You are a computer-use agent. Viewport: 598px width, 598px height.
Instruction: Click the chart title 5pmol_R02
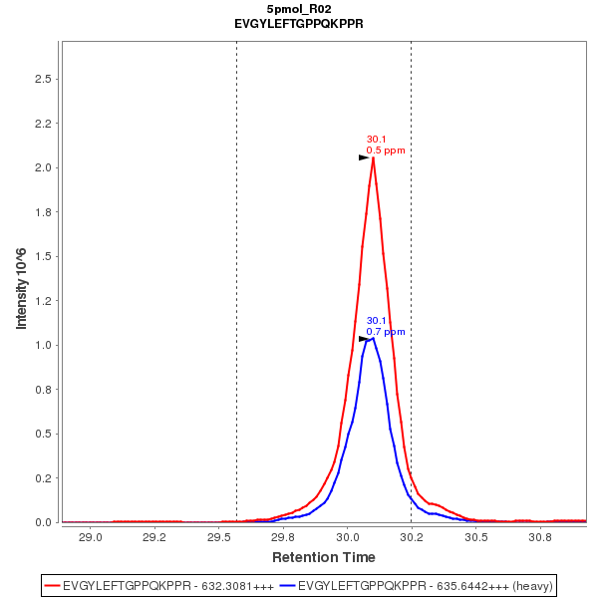pos(298,8)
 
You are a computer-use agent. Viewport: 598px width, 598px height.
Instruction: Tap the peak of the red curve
pos(373,157)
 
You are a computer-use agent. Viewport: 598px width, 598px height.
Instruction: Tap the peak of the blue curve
pos(373,338)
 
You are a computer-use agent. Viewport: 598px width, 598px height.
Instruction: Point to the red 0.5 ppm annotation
pos(386,150)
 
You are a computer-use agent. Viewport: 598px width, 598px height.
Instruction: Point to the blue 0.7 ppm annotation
pos(386,331)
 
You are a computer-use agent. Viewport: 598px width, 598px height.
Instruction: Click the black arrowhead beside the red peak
pos(364,157)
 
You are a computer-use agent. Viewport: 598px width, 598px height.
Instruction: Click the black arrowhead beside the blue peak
pos(364,339)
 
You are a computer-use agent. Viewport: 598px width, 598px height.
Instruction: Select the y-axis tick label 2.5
pos(43,79)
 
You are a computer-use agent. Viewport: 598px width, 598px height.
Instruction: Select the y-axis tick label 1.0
pos(43,345)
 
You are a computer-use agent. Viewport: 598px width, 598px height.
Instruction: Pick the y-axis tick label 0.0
pos(43,522)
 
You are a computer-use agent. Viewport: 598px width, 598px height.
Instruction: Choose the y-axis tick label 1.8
pos(43,212)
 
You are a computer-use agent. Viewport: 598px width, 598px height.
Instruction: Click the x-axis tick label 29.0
pos(90,537)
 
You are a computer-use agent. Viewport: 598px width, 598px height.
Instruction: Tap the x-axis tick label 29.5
pos(218,537)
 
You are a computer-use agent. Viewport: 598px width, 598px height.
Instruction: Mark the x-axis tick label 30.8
pos(540,537)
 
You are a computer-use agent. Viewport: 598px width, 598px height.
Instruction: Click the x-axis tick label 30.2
pos(412,537)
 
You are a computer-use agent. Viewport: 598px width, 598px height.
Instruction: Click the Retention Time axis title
pos(324,556)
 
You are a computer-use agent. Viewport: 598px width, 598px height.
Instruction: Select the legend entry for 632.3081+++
pos(159,585)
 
